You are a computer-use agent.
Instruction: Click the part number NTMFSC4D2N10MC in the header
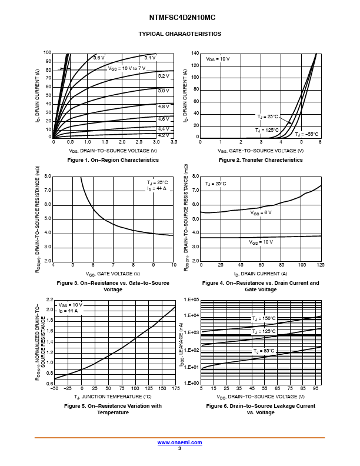tap(179, 18)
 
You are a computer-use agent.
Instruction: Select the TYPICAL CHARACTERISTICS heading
tap(179, 34)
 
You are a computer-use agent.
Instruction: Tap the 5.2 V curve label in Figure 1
tap(163, 76)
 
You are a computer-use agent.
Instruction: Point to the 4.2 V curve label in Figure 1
tap(163, 135)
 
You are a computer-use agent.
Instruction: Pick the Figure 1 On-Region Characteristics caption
tap(113, 160)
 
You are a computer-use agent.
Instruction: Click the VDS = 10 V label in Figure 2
tap(218, 59)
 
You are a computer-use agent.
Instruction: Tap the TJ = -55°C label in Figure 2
tap(306, 134)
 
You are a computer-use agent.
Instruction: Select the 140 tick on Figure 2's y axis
tap(195, 53)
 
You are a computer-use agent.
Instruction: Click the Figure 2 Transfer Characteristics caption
tap(261, 160)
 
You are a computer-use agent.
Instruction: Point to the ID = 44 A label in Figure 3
tap(157, 189)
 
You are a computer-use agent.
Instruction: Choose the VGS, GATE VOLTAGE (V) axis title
tap(113, 274)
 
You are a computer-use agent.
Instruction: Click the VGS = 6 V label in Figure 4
tap(261, 212)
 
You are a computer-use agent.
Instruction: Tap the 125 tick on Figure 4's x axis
tap(321, 266)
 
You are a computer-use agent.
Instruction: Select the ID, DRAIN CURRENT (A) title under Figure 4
tap(261, 274)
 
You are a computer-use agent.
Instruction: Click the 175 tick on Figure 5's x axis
tap(175, 388)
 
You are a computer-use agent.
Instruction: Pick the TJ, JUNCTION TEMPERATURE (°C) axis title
tap(113, 397)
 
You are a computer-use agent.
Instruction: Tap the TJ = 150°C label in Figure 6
tap(264, 318)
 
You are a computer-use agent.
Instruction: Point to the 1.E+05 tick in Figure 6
tap(192, 299)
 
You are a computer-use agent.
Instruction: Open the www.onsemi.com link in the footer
tap(179, 442)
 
